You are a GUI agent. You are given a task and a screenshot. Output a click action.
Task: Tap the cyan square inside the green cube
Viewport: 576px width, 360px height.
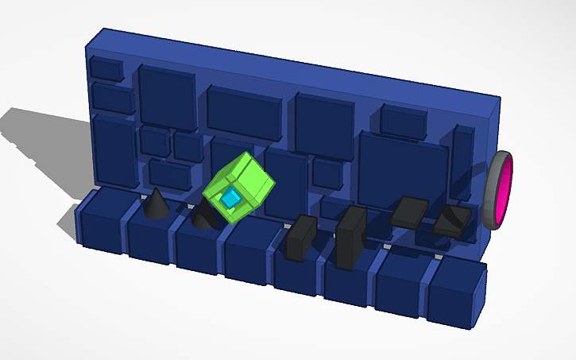point(231,199)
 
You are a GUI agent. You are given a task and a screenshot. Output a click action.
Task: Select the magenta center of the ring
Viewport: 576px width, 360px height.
point(504,191)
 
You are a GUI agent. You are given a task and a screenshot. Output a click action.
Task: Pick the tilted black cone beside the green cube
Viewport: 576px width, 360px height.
point(205,215)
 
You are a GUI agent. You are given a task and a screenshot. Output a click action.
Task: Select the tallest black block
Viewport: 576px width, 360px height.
point(350,237)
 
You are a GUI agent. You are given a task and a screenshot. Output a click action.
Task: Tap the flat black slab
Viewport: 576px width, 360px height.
point(410,211)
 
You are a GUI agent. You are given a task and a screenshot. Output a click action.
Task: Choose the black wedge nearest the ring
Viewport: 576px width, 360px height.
point(452,219)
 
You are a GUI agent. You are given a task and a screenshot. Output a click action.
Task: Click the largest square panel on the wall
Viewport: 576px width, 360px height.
point(402,169)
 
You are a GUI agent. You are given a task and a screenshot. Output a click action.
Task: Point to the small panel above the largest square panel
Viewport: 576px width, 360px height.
point(404,120)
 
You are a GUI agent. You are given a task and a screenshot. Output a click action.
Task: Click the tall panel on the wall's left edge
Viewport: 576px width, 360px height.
point(114,152)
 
